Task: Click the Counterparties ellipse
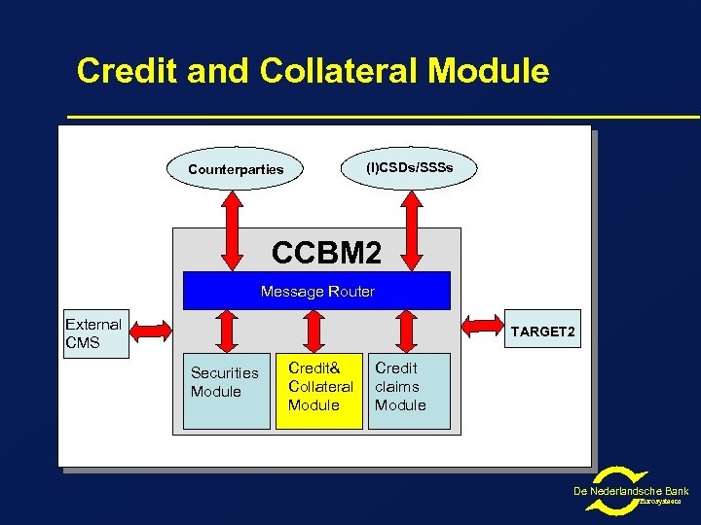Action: click(x=236, y=169)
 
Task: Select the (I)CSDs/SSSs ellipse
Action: click(x=409, y=168)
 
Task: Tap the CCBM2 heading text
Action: click(x=326, y=253)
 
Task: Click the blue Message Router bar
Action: click(x=317, y=291)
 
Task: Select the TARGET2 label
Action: click(x=542, y=332)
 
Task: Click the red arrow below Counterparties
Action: click(x=235, y=229)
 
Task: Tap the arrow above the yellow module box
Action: click(x=314, y=331)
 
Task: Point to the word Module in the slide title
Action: click(x=488, y=71)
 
